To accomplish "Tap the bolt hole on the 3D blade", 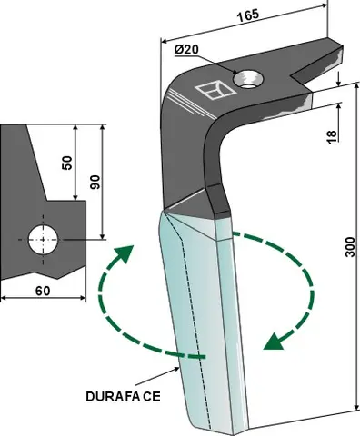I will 248,83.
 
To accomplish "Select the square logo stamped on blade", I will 214,89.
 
